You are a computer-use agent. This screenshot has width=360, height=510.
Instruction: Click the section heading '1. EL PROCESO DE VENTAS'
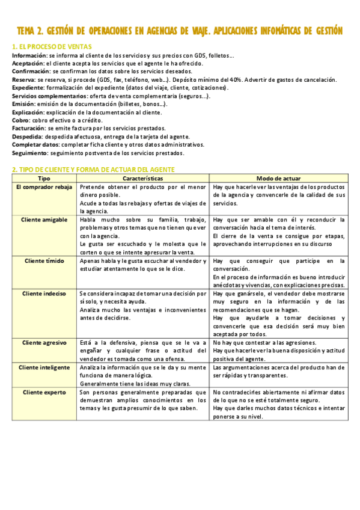tap(52, 46)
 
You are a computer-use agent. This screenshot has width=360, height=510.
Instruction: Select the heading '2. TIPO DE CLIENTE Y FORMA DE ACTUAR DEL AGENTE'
tap(94, 170)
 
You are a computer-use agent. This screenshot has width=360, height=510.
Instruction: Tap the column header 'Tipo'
tap(44, 179)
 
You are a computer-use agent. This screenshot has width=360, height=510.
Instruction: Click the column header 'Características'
tap(143, 179)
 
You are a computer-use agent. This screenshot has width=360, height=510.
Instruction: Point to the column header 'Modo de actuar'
tap(279, 179)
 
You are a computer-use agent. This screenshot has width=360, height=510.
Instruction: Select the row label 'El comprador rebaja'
tap(44, 187)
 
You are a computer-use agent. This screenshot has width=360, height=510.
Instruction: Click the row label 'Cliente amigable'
tap(44, 220)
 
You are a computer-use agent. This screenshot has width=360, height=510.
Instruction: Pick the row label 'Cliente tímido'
tap(44, 261)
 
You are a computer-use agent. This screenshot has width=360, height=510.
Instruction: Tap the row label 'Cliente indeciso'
tap(44, 293)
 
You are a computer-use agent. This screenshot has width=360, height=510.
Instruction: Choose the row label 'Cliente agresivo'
tap(44, 342)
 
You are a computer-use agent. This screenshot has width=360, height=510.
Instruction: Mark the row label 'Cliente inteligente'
tap(44, 367)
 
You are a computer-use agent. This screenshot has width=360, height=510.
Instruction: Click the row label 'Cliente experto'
tap(44, 392)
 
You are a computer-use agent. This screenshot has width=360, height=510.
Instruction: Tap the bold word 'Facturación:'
tap(29, 128)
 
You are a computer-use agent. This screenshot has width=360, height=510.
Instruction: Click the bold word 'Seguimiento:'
tap(30, 153)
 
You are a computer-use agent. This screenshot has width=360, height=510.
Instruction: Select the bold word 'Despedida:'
tap(28, 137)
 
